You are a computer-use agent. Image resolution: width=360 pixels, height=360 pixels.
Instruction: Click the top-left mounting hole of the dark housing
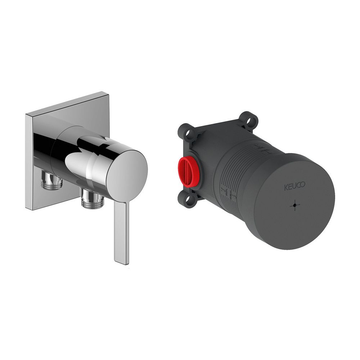[x=188, y=133]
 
